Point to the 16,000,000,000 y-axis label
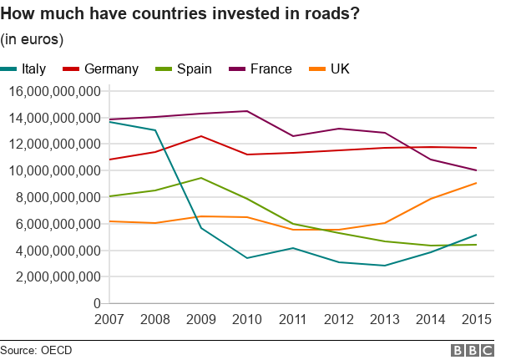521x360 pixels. tap(55, 91)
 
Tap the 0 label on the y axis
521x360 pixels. tap(97, 303)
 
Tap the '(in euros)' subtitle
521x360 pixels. tap(33, 38)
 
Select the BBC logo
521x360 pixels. tap(473, 350)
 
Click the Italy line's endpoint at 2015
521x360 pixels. tap(476, 235)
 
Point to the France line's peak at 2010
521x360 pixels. tap(246, 111)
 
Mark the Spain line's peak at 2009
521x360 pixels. tap(200, 178)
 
